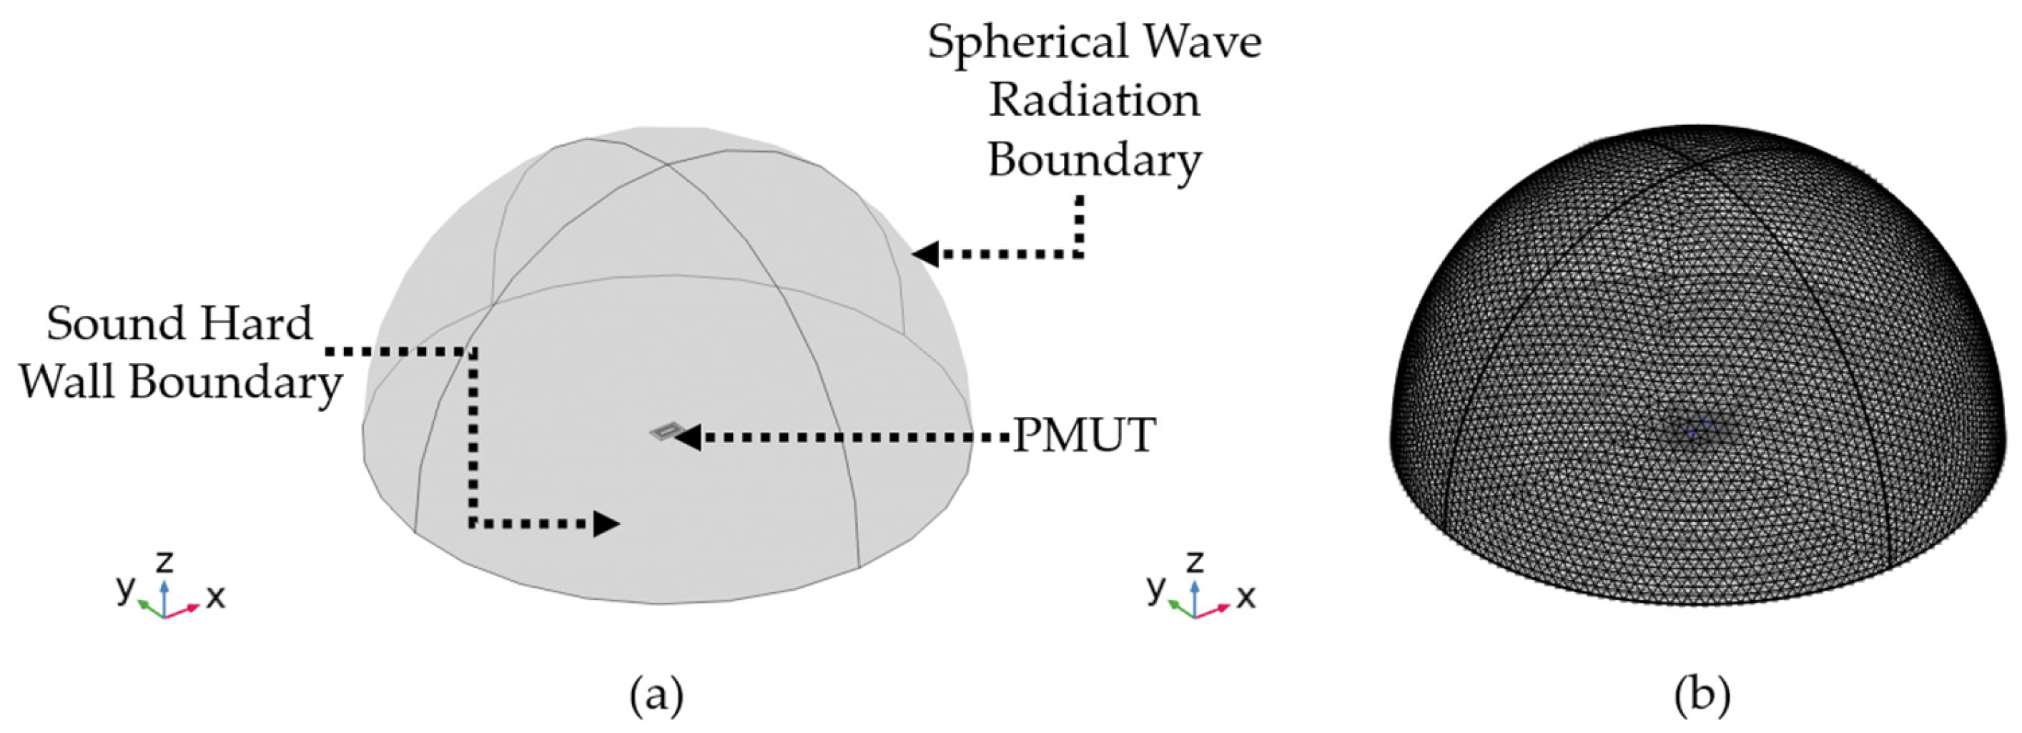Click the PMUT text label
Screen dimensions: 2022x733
click(x=1084, y=436)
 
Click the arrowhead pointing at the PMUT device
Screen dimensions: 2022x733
click(x=689, y=436)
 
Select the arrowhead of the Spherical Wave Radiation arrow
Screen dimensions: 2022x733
click(x=925, y=253)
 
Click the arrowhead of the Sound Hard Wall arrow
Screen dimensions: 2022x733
click(x=606, y=523)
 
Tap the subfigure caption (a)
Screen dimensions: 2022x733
click(x=656, y=695)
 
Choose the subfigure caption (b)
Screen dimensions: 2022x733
click(x=1702, y=695)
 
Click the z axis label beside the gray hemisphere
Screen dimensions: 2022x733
click(x=164, y=562)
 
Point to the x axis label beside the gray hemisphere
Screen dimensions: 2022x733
click(x=216, y=598)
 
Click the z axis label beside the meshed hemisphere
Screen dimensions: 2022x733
click(x=1194, y=562)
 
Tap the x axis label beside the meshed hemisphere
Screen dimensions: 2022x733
click(x=1246, y=598)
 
